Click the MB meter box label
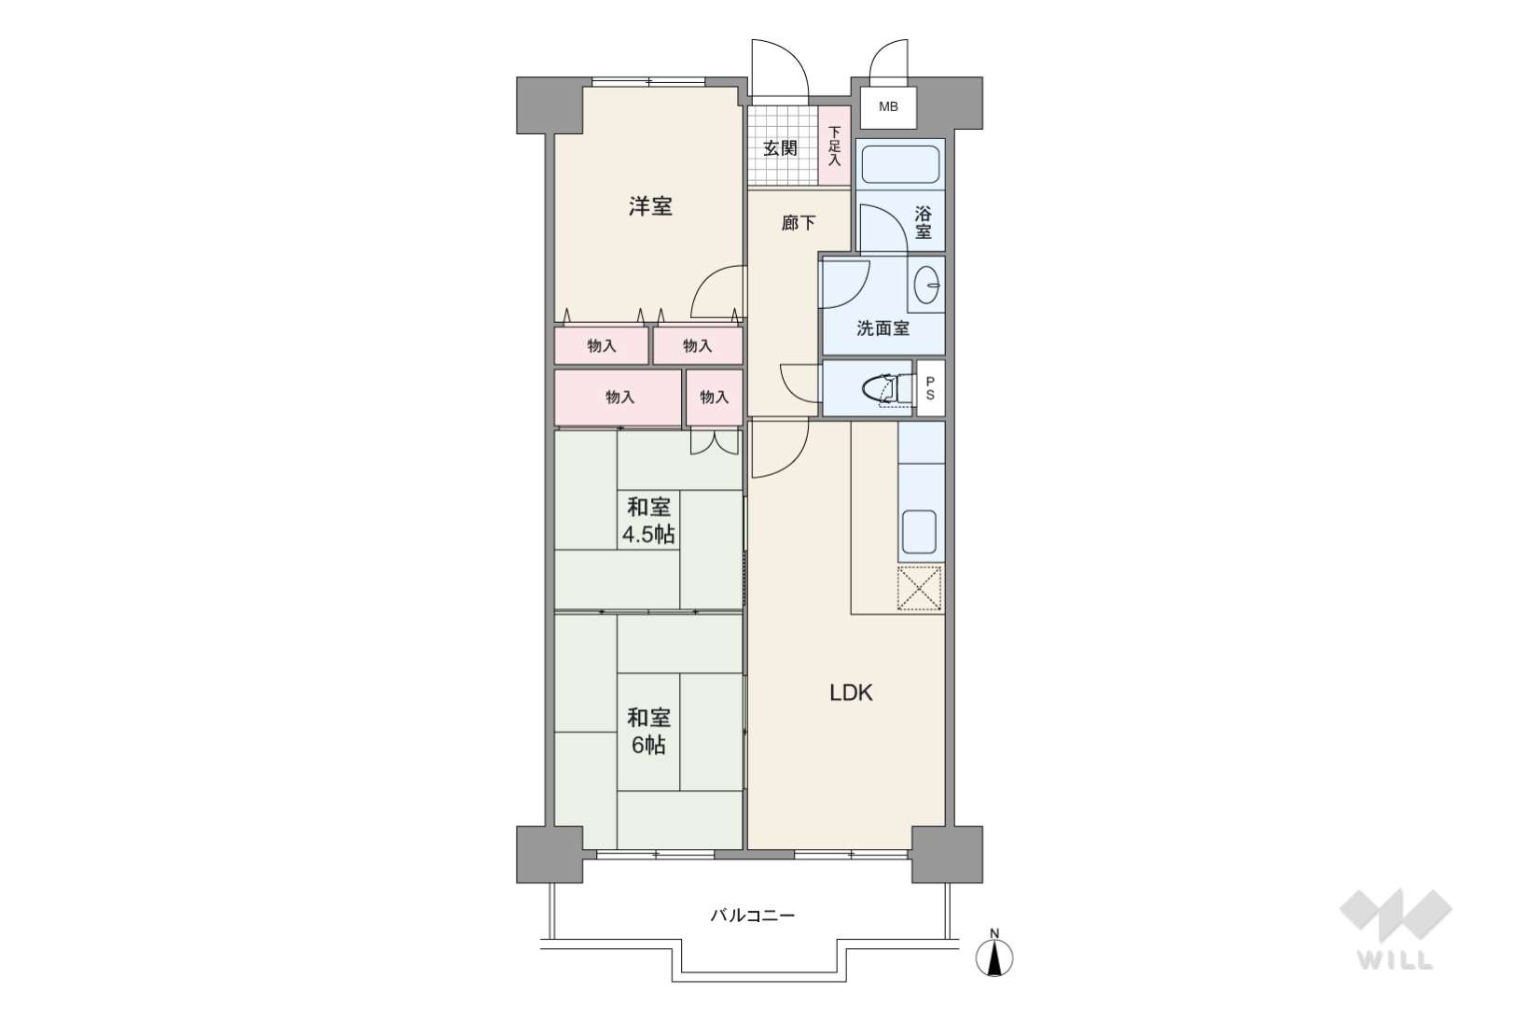[x=888, y=106]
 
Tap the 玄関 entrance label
[x=780, y=147]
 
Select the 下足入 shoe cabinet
[x=834, y=146]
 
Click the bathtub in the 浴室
[x=900, y=164]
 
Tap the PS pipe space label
[x=930, y=388]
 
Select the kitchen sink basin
[x=919, y=531]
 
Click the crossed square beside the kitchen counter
[x=920, y=588]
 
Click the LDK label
[x=851, y=693]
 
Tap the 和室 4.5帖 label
[x=648, y=521]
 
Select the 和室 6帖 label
[x=648, y=732]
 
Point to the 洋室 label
[x=650, y=205]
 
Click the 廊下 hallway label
[x=798, y=222]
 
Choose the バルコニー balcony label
[x=753, y=915]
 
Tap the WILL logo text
[x=1396, y=960]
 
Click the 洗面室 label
[x=883, y=328]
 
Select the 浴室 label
[x=923, y=222]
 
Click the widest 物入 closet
[x=618, y=398]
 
